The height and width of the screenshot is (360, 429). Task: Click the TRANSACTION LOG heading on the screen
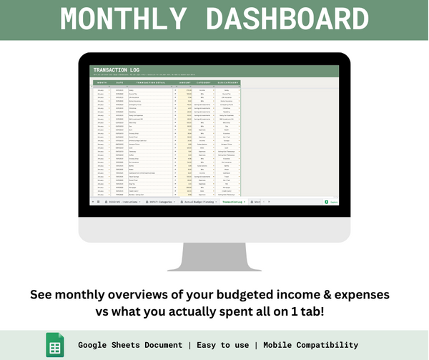pos(116,70)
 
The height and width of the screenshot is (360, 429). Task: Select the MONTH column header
pos(102,83)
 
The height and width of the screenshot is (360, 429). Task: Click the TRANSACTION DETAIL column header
pos(149,83)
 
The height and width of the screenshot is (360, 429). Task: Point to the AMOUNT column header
pos(184,83)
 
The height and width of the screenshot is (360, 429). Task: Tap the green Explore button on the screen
pos(332,202)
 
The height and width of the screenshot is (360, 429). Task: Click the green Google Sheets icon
pos(55,344)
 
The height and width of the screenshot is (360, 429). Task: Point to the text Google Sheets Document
pos(130,345)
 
